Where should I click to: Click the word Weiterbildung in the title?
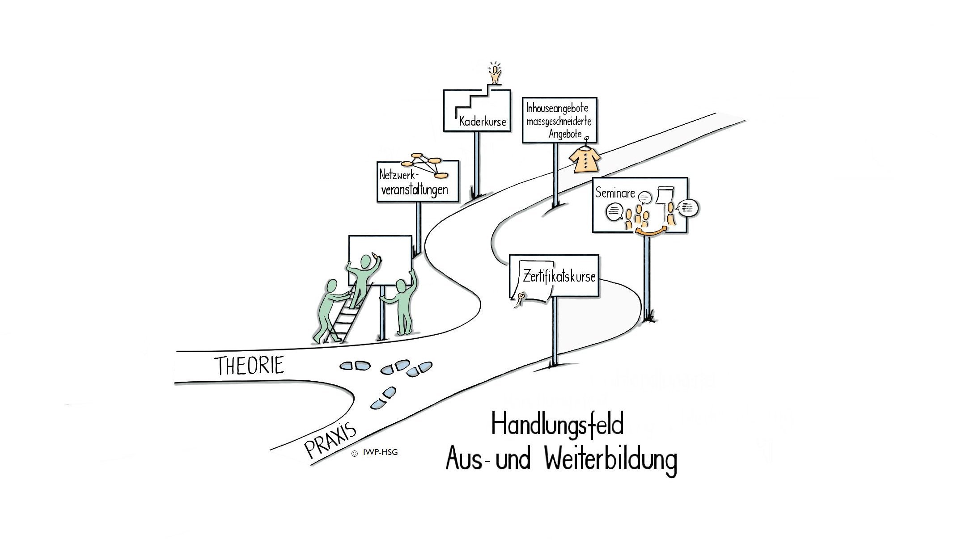[611, 460]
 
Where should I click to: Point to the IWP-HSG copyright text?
[380, 452]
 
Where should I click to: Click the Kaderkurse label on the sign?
[483, 122]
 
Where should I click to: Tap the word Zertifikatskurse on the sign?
[559, 276]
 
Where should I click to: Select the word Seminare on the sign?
[615, 193]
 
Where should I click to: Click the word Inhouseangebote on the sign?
[557, 108]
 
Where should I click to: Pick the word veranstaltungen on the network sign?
[414, 189]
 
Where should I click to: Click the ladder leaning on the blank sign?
[344, 317]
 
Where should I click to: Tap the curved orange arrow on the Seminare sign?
[651, 230]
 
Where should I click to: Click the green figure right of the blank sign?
[403, 304]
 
